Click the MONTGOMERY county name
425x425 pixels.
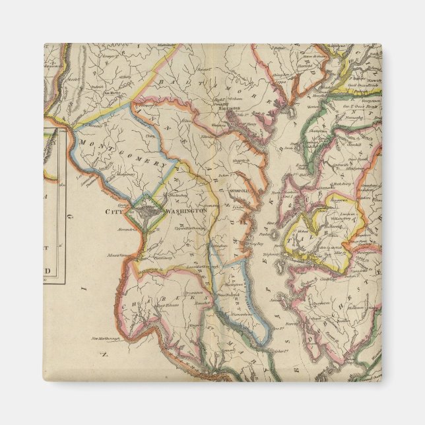point(123,153)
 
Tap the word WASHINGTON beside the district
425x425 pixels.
point(185,211)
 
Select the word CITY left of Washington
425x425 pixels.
point(114,211)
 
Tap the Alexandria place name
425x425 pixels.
point(129,230)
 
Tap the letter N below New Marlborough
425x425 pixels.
point(104,354)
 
